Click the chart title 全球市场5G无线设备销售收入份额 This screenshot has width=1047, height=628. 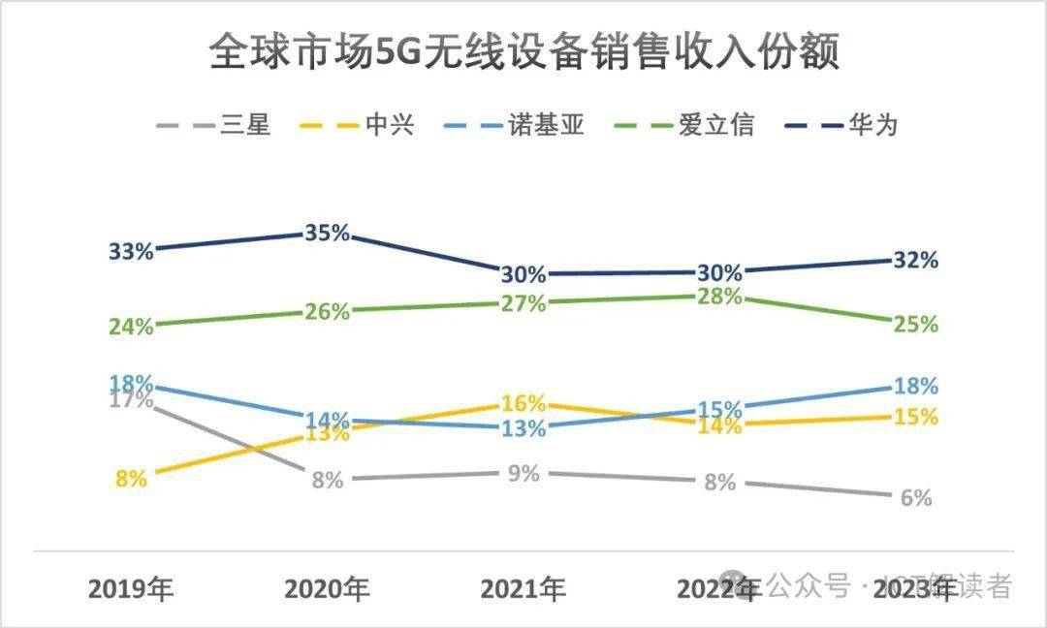[x=523, y=54]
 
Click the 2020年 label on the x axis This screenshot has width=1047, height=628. [x=327, y=588]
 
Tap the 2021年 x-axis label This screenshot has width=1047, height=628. [x=523, y=588]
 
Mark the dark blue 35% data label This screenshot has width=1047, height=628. [x=326, y=234]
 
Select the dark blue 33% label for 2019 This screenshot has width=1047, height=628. [x=131, y=252]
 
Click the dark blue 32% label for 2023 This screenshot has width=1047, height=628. [x=915, y=260]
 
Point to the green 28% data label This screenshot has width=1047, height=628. [x=719, y=297]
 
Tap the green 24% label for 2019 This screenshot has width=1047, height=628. [x=131, y=327]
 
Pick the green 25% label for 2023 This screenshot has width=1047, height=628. [x=915, y=325]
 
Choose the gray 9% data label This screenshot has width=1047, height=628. [x=523, y=474]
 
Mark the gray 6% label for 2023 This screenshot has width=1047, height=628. [x=915, y=498]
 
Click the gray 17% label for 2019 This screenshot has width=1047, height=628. [x=131, y=398]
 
